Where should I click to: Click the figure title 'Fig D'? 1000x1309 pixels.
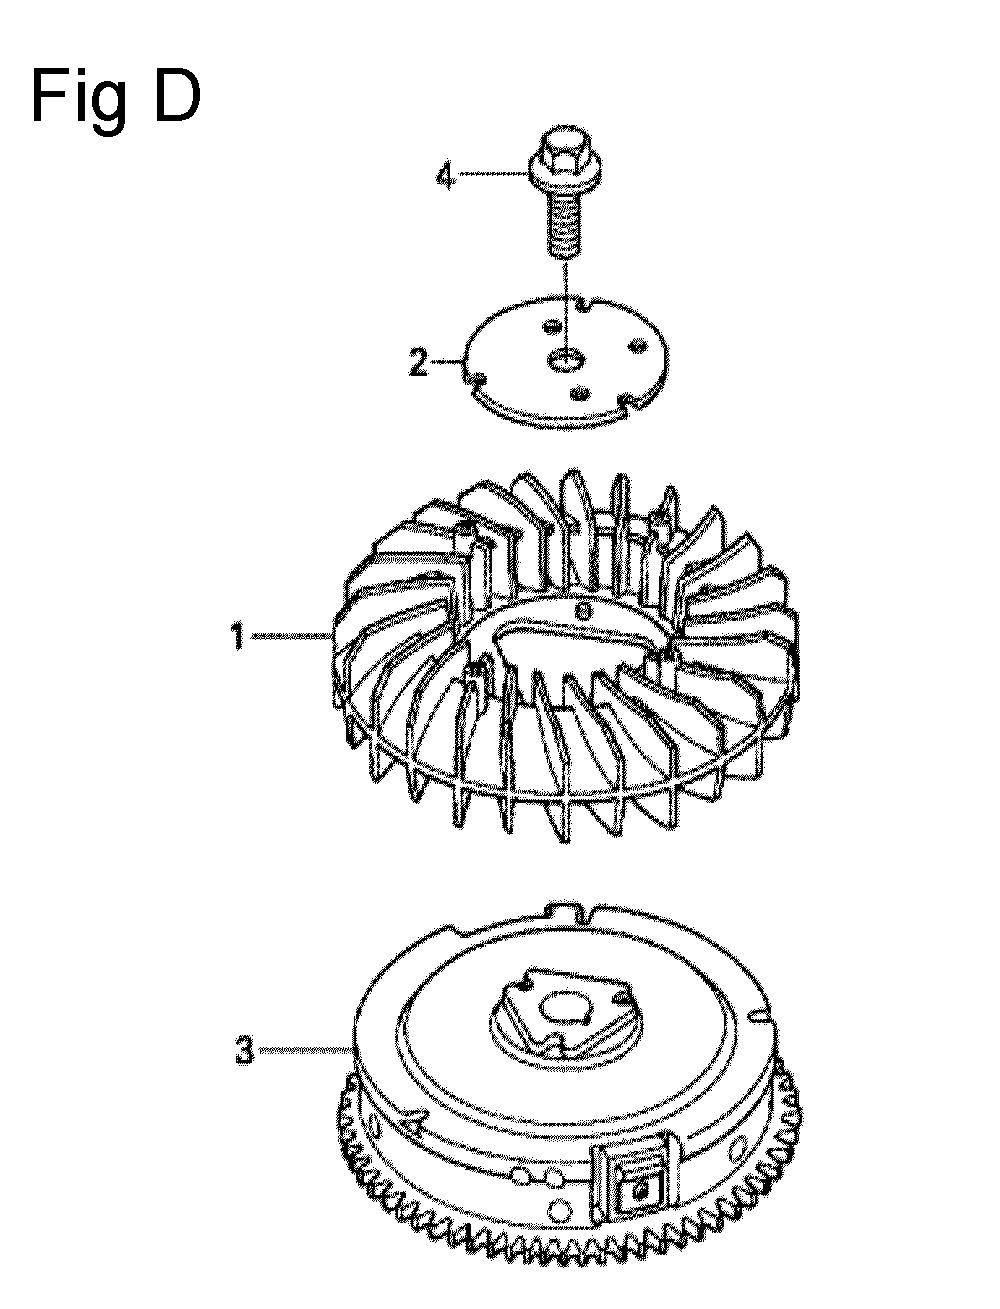click(116, 97)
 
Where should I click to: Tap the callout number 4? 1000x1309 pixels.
click(445, 177)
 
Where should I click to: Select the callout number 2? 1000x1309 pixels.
click(417, 362)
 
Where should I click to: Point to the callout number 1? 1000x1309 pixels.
click(238, 637)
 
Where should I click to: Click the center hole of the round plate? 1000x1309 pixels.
click(565, 359)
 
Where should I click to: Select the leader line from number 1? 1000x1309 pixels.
click(292, 637)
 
